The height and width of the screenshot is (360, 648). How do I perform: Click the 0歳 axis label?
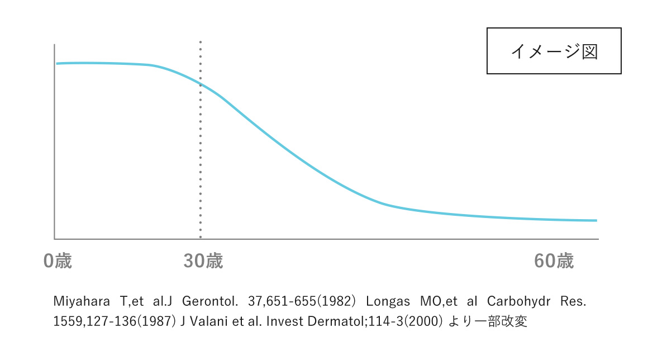[x=58, y=261]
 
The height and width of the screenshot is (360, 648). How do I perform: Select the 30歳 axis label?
[x=203, y=261]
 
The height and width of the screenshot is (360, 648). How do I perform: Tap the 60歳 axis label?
[x=554, y=261]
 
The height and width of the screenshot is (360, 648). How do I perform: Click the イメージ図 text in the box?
[x=554, y=51]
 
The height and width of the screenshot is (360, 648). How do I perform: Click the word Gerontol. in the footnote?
[x=213, y=301]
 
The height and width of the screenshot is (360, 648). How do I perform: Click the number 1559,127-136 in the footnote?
[x=89, y=323]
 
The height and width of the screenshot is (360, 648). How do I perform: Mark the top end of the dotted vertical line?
[x=201, y=42]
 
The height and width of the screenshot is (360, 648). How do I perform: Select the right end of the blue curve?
[x=596, y=220]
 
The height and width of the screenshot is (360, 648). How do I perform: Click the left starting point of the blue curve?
[x=57, y=64]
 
